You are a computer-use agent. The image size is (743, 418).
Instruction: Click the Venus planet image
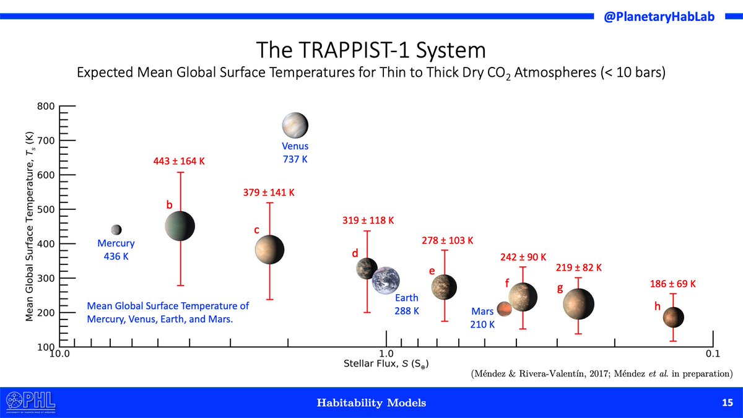295,125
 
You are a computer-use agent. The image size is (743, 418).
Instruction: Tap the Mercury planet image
116,230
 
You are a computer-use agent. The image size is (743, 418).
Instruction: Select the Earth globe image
386,281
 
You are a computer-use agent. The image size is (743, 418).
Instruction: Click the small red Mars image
504,308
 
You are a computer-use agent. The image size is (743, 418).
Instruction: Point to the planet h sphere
673,317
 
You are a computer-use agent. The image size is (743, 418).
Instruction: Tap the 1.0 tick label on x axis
386,355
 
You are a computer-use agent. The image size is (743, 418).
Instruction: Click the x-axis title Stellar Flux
386,364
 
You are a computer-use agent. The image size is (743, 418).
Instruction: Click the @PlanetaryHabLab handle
659,17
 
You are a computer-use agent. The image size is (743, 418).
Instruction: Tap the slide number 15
727,403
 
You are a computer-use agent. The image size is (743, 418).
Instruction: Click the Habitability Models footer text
371,403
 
